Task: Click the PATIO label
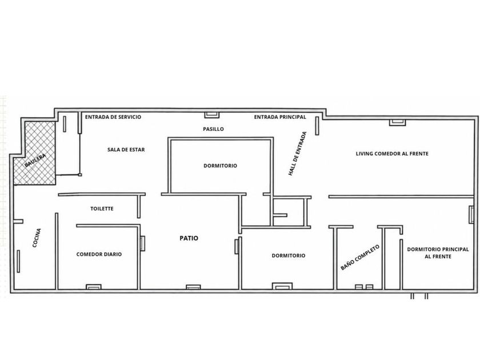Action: click(x=189, y=238)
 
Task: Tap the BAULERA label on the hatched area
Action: click(x=35, y=161)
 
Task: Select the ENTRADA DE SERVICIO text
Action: click(x=113, y=117)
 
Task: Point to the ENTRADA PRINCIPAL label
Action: click(x=280, y=117)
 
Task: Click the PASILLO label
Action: click(x=213, y=129)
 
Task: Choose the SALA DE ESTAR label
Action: click(x=126, y=150)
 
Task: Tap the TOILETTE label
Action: click(x=102, y=209)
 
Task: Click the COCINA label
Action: click(x=37, y=238)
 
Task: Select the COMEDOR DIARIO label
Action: click(x=99, y=254)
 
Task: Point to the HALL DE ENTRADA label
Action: click(x=297, y=154)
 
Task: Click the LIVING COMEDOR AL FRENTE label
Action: click(x=392, y=154)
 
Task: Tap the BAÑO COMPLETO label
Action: click(x=360, y=258)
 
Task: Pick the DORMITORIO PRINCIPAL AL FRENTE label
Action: click(x=438, y=253)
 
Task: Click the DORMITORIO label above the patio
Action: click(x=220, y=166)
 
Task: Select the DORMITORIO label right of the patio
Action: click(x=289, y=255)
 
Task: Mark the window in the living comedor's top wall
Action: click(x=397, y=122)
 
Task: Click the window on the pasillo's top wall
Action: click(x=212, y=115)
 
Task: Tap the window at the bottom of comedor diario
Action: click(x=93, y=287)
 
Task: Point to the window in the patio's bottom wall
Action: click(x=194, y=287)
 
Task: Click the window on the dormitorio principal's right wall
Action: click(x=471, y=214)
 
